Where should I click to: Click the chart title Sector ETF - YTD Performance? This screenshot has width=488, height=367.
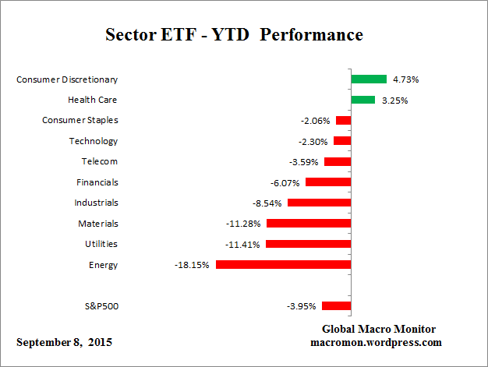point(233,35)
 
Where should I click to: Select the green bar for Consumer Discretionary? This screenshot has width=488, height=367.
point(369,79)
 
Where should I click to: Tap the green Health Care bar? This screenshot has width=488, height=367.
point(362,100)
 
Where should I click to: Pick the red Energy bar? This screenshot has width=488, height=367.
point(283,265)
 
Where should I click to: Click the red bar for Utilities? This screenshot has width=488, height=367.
point(308,244)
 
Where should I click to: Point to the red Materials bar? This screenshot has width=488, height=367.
point(309,224)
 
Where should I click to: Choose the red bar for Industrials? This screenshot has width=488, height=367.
point(319,203)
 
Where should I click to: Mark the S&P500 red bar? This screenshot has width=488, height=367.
point(336,306)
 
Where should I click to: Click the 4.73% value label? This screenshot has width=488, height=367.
point(406,79)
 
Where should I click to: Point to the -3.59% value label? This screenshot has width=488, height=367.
point(302,162)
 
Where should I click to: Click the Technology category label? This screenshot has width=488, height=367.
point(94,141)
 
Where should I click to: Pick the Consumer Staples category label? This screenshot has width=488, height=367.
point(80,120)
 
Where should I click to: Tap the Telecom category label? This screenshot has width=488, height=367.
point(99,161)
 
